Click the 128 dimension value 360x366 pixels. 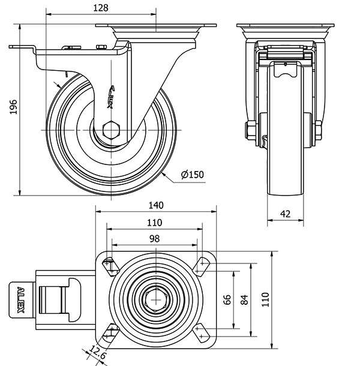coord(101,8)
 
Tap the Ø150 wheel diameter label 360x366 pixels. coord(193,175)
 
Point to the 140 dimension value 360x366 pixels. coord(155,205)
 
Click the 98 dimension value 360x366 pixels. coord(154,238)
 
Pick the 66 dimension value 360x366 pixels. coord(227,299)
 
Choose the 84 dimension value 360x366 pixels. coord(244,299)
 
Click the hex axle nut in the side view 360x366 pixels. coord(112,130)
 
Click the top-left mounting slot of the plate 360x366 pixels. coord(110,265)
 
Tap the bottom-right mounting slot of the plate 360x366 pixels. coord(200,331)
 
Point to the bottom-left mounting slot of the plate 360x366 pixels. coord(109,331)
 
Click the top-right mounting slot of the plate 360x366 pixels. coord(200,265)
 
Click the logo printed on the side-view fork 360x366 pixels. coord(112,95)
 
